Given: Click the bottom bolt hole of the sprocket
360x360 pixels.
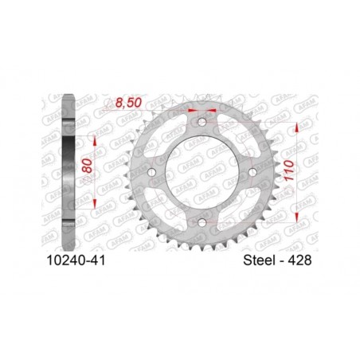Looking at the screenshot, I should (x=202, y=222).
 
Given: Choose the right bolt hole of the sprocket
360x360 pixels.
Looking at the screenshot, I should (x=252, y=172).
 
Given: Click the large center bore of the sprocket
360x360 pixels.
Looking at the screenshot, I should (x=202, y=172).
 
